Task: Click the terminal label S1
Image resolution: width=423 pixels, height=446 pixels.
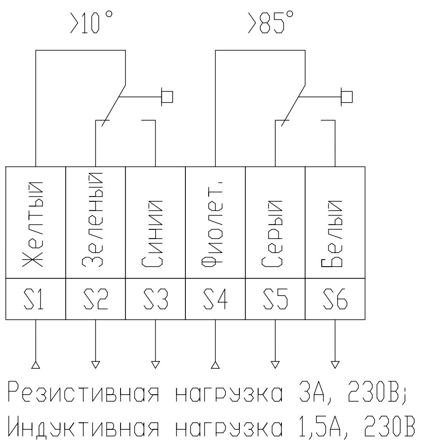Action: point(34,299)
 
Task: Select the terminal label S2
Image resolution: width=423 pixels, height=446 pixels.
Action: point(96,299)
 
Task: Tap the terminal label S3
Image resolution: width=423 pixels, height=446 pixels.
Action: point(156,299)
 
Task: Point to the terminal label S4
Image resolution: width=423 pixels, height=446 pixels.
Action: point(216,299)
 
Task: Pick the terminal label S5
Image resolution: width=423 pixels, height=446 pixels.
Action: point(275,299)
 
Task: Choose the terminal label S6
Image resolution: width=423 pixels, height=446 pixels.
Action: point(335,299)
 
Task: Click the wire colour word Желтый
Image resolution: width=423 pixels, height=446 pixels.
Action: point(33,224)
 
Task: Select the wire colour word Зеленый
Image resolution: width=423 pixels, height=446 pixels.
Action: point(92,220)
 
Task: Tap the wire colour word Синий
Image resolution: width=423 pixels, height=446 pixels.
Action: point(152,234)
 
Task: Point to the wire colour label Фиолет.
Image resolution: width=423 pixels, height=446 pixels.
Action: point(212,224)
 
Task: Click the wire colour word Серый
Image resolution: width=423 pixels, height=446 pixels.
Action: point(272,234)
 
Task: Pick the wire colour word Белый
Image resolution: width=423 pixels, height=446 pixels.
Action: point(332,234)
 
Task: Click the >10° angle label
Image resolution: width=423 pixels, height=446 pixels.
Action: point(91,22)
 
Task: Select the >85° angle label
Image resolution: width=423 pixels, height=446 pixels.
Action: point(270,22)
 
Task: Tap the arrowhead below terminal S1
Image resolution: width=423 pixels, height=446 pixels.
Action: point(36,365)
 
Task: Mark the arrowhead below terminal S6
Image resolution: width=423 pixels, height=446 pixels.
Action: point(335,365)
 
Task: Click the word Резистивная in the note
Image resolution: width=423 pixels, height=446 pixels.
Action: point(83,392)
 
